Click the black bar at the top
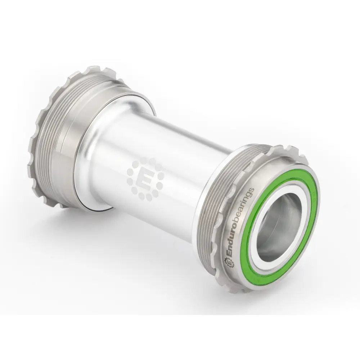[x=180, y=22]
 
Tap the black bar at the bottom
[x=180, y=338]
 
